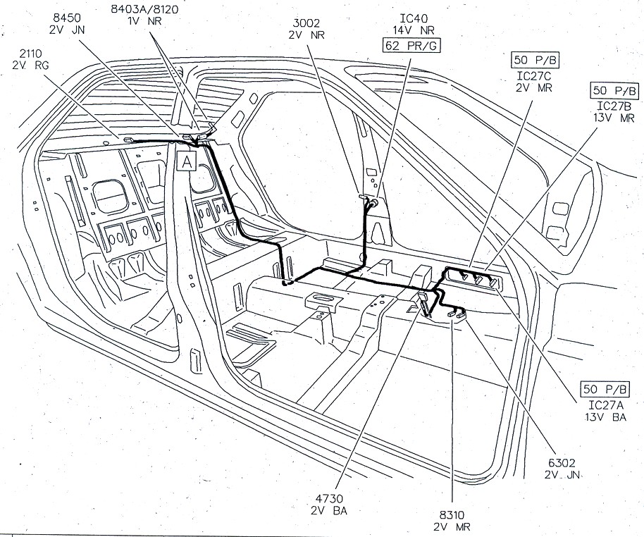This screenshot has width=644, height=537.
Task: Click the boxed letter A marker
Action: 186,161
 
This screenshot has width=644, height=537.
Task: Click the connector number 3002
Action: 305,21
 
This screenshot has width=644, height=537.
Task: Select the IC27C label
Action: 533,75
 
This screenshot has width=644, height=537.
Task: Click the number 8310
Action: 452,514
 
